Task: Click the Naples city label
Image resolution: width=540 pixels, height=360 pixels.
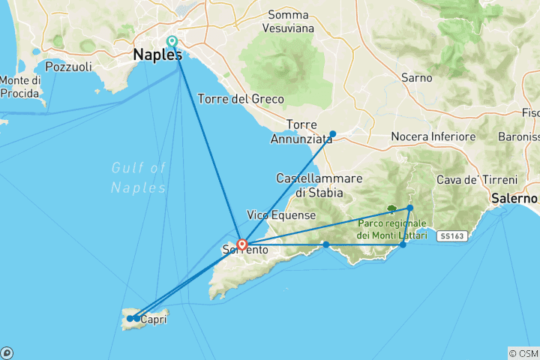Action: click(x=157, y=55)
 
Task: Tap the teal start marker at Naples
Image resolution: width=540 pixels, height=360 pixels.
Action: click(x=172, y=42)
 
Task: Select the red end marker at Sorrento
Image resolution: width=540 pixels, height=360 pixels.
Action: click(x=242, y=244)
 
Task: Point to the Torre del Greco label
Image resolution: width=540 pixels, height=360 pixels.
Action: click(x=241, y=99)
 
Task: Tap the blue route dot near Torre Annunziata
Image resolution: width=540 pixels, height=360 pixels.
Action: click(x=333, y=134)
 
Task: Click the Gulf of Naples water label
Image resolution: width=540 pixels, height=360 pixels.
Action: click(x=138, y=177)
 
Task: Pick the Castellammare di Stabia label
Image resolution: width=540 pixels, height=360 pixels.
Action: click(x=319, y=185)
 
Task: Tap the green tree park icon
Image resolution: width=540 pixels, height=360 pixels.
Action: click(x=391, y=209)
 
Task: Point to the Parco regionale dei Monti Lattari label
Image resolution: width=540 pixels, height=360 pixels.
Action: click(x=392, y=229)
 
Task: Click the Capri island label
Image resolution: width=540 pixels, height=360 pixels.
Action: click(x=153, y=319)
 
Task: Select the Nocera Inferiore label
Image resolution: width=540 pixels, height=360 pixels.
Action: click(x=433, y=136)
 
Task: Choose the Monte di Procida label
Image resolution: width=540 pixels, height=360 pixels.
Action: click(x=20, y=86)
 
